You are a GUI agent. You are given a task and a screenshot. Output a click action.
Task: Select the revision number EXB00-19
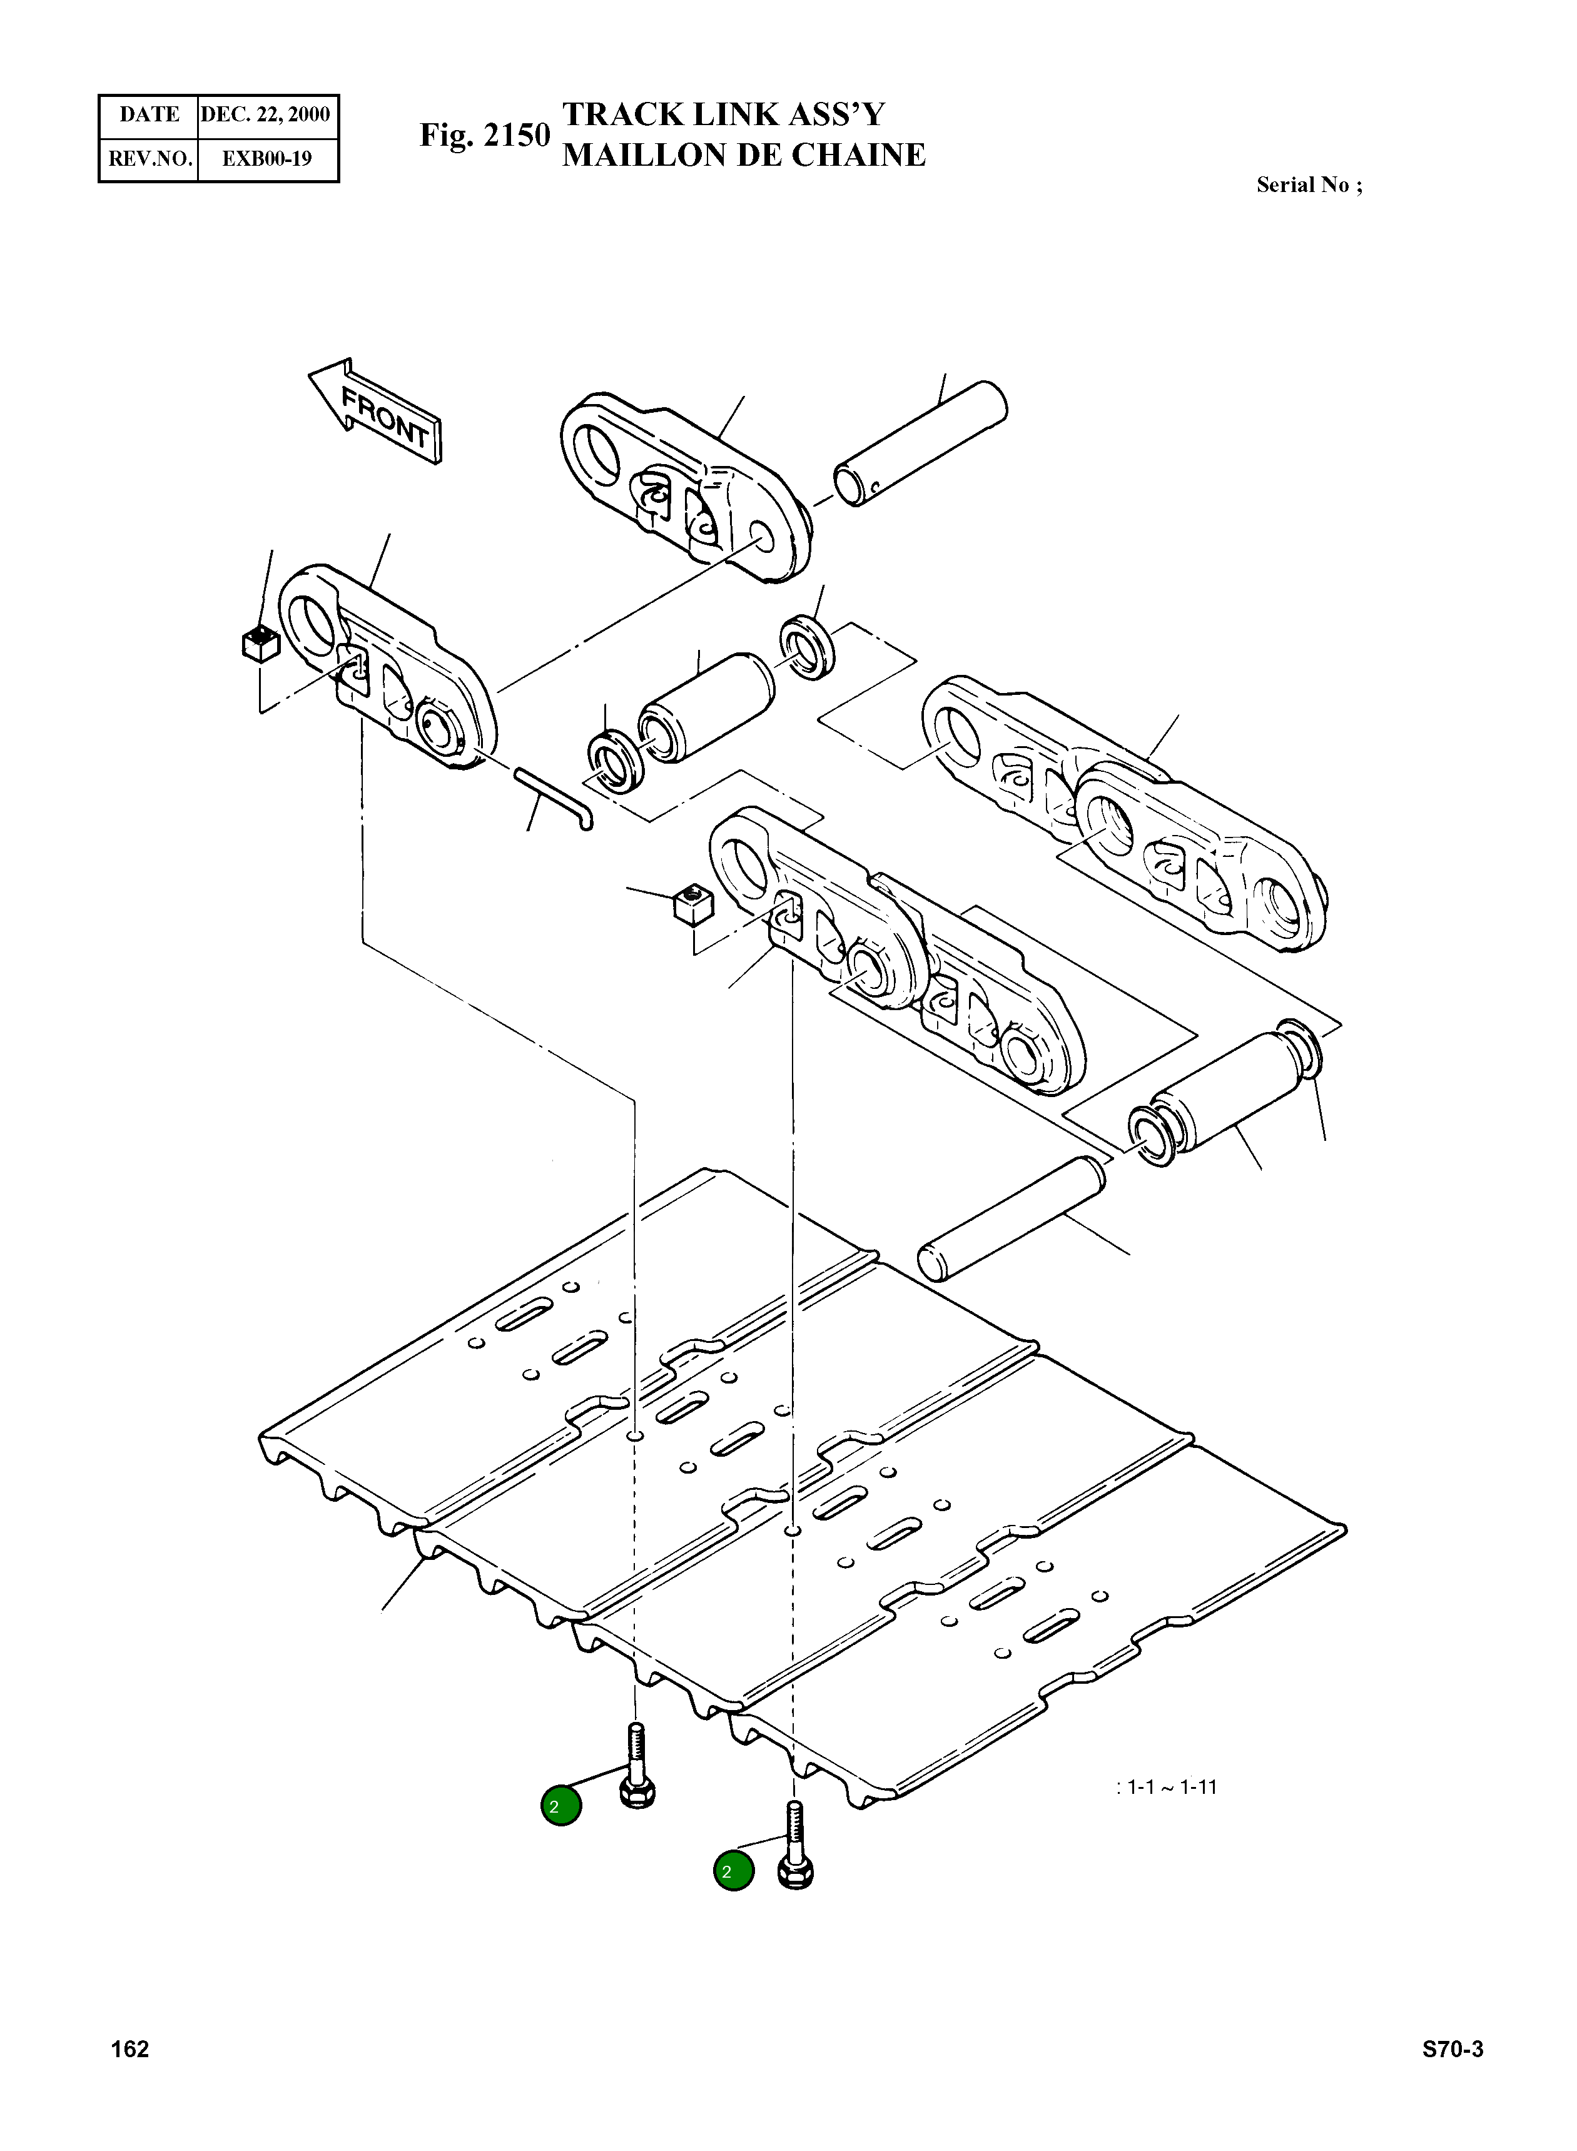pos(266,158)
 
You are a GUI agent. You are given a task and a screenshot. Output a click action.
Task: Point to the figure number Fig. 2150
pos(485,136)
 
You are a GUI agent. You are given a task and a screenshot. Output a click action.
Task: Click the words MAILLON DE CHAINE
pos(744,156)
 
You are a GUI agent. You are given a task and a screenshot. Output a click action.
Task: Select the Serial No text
pos(1309,185)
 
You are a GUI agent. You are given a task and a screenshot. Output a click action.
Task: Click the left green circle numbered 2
pos(560,1804)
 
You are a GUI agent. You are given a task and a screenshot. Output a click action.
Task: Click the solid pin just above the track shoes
pos(1011,1218)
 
